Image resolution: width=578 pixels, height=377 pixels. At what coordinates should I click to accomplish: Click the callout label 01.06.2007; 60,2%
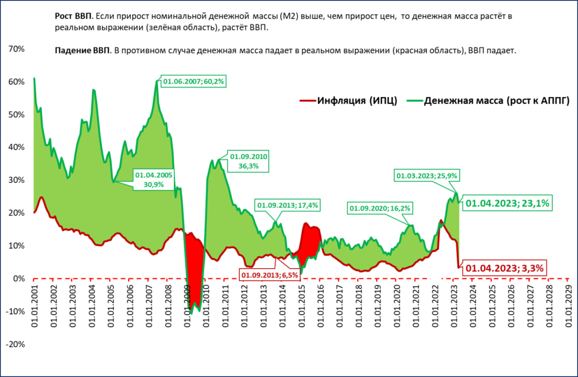click(194, 81)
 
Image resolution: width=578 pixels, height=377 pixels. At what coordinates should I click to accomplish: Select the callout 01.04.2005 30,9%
click(153, 179)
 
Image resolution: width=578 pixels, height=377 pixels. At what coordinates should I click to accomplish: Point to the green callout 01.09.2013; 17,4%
click(288, 205)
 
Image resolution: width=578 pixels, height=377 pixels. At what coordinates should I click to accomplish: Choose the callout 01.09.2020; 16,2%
click(380, 208)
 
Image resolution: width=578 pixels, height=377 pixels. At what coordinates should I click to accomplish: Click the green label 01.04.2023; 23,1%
click(508, 204)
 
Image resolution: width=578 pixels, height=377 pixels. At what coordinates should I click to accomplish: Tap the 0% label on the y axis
click(18, 278)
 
